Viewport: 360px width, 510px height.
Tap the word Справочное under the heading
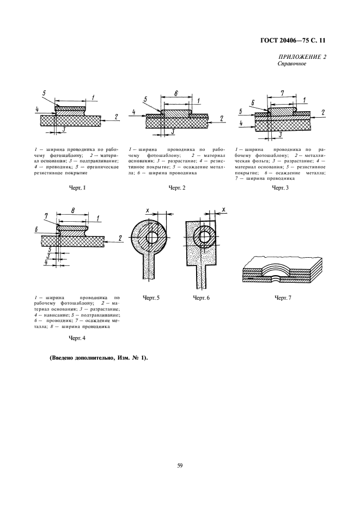coord(292,64)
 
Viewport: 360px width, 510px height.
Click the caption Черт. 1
coord(78,188)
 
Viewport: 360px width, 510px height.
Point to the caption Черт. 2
coord(177,188)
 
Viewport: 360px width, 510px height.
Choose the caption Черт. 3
coord(280,188)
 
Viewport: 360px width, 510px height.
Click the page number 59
coord(180,465)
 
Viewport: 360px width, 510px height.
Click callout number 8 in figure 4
coord(72,208)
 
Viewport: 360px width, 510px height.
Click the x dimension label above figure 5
coord(148,209)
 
